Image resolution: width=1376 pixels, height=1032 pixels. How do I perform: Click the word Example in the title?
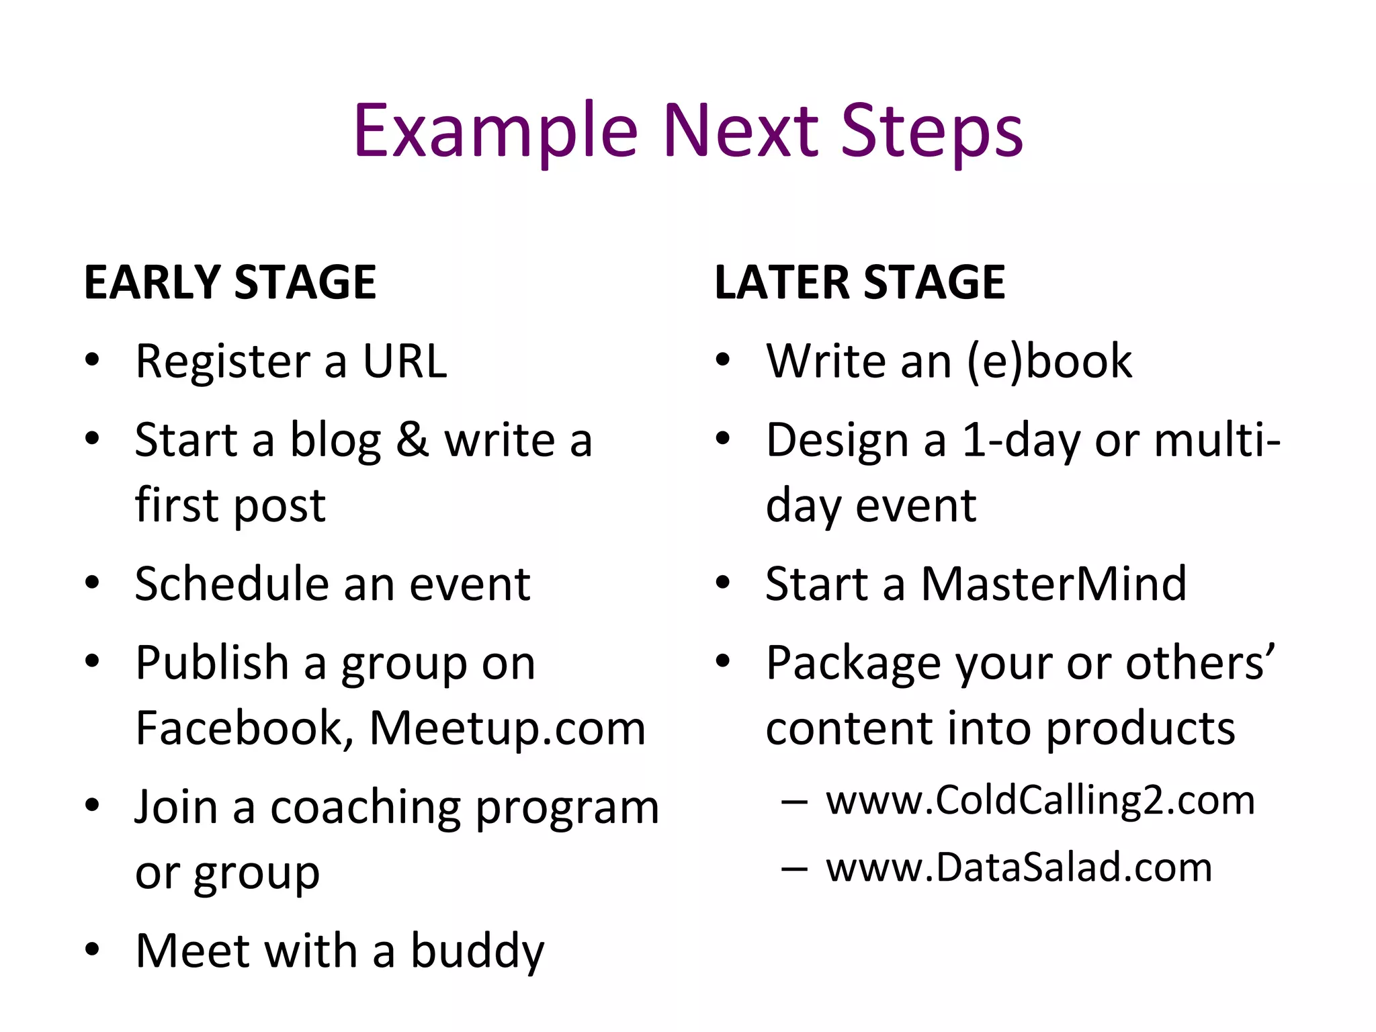click(x=495, y=131)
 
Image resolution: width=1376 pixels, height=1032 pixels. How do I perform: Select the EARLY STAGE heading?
click(x=230, y=282)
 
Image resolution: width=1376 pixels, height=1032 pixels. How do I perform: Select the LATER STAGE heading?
click(x=859, y=282)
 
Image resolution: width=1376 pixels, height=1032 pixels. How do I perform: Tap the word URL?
click(x=404, y=361)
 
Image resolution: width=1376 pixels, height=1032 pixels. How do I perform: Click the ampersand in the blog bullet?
click(x=413, y=440)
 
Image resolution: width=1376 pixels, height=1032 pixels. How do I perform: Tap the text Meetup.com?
click(x=507, y=728)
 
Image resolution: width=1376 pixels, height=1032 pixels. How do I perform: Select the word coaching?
click(x=366, y=806)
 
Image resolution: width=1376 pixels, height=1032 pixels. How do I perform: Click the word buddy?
click(x=477, y=951)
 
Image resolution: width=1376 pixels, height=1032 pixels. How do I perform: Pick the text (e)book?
click(x=1049, y=361)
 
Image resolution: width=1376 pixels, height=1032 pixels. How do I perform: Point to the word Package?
click(x=853, y=663)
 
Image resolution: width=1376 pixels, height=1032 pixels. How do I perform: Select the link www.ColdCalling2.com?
click(x=1040, y=800)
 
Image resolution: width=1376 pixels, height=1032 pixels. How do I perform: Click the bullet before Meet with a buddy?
click(x=92, y=949)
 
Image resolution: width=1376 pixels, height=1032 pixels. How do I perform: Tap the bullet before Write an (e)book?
click(x=722, y=359)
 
